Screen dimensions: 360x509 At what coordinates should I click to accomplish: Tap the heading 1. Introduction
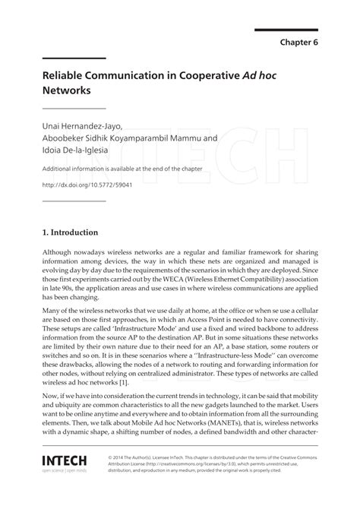coord(69,232)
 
